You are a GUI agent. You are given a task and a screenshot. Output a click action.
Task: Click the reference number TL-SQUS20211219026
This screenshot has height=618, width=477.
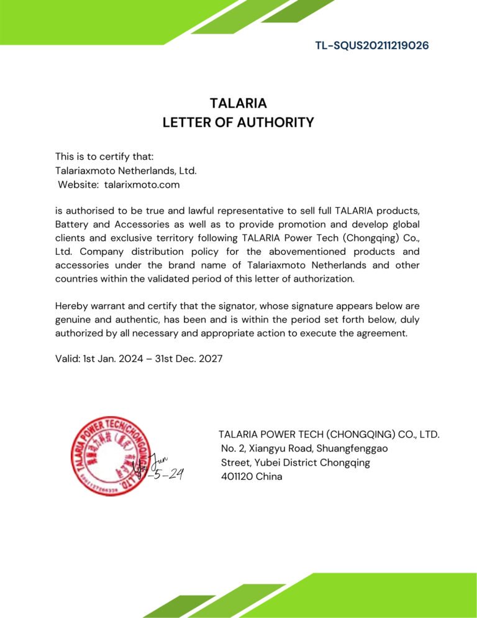371,45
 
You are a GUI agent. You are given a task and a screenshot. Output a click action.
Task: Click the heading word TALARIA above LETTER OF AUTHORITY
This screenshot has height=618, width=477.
238,103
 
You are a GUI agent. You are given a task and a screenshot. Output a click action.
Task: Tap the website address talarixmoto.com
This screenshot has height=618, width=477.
142,185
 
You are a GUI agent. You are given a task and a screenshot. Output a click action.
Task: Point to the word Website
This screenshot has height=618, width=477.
78,185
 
